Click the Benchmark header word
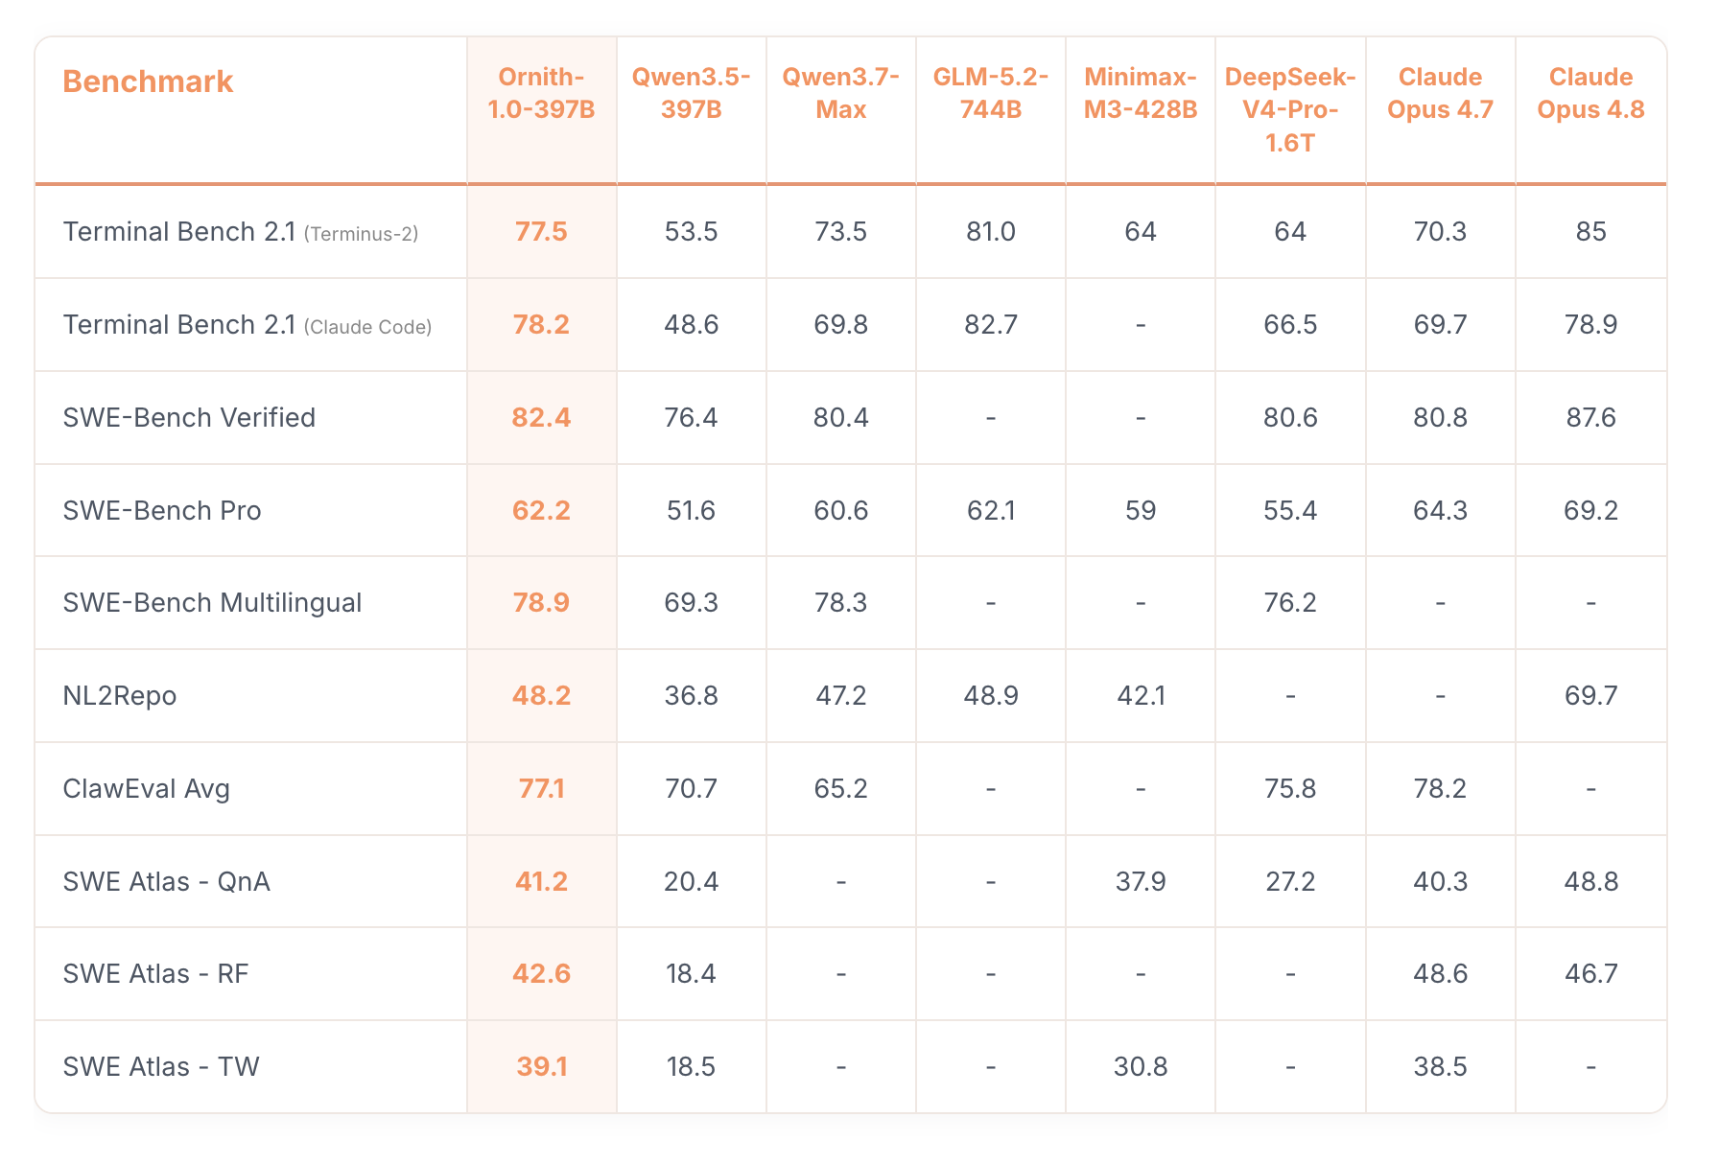[x=148, y=81]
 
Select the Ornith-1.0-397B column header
[x=541, y=93]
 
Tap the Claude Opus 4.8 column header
[x=1590, y=93]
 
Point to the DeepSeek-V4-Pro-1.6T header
[x=1290, y=109]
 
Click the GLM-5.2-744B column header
[x=991, y=93]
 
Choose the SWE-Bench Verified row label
[x=189, y=418]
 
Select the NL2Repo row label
[x=120, y=696]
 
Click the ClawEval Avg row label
[x=146, y=789]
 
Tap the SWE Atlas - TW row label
[x=161, y=1067]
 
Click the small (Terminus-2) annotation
[x=361, y=234]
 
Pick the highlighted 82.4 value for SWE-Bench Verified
[x=541, y=418]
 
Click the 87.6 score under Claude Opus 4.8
[x=1590, y=418]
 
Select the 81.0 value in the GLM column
[x=991, y=232]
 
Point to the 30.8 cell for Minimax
[x=1141, y=1067]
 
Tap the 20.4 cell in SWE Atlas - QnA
[x=691, y=882]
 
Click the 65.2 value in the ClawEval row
[x=840, y=789]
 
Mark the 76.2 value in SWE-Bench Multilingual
[x=1290, y=603]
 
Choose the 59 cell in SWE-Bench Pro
[x=1141, y=511]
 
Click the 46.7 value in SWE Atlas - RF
[x=1590, y=974]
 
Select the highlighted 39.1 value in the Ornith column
[x=541, y=1067]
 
